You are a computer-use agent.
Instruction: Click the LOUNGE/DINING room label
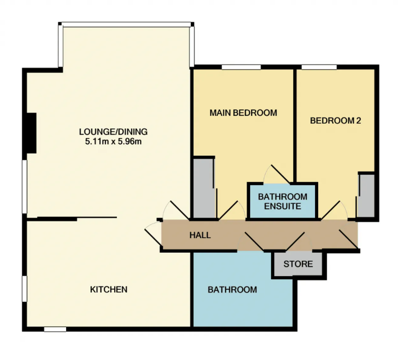click(x=113, y=132)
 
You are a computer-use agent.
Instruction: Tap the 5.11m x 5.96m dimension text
click(x=113, y=141)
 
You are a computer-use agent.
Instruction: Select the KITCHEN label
click(x=109, y=289)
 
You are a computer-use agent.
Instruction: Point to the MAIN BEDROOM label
click(x=243, y=113)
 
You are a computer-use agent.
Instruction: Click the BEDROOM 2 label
click(x=335, y=121)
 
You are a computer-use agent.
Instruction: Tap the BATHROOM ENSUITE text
click(x=282, y=201)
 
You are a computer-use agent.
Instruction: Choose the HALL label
click(x=200, y=235)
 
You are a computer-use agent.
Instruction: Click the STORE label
click(x=298, y=264)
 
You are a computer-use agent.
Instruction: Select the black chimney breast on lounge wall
click(x=32, y=133)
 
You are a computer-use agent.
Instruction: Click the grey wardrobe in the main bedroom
click(x=204, y=188)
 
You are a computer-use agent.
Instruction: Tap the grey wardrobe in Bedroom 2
click(x=366, y=196)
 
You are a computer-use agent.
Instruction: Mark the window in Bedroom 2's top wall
click(x=319, y=67)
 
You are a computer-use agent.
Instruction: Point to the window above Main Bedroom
click(x=241, y=67)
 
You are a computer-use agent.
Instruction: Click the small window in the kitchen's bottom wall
click(x=55, y=329)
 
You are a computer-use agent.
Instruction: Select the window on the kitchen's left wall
click(x=24, y=289)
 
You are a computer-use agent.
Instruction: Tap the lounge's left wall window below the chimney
click(x=24, y=187)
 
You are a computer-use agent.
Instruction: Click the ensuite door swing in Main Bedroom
click(x=277, y=174)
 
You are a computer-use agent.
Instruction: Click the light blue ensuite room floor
click(x=282, y=201)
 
